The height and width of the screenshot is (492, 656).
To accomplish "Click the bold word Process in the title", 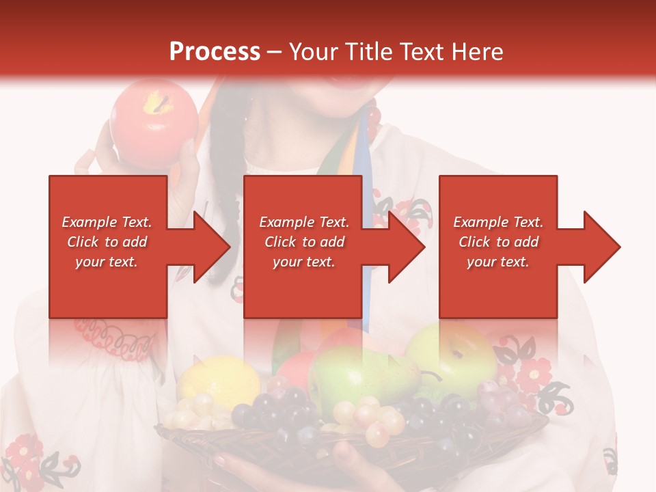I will point(215,52).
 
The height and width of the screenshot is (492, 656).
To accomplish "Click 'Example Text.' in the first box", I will point(107,222).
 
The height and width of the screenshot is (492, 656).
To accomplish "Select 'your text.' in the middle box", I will point(303,262).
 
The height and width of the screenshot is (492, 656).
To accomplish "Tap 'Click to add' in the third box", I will point(498,242).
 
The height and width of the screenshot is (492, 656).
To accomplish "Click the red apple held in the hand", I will point(153,123).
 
